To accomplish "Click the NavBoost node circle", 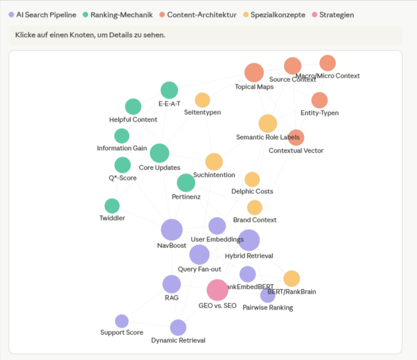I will click(171, 230).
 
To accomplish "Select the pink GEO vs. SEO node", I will click(217, 290).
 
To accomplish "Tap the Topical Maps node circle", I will click(254, 72).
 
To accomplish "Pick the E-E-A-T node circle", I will click(169, 90).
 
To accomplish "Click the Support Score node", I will click(122, 321).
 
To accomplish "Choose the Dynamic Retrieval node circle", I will click(178, 328).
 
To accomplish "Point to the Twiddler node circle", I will click(112, 206).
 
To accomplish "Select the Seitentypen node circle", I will click(202, 100).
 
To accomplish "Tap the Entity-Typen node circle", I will click(319, 100).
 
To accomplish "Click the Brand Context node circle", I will click(255, 207).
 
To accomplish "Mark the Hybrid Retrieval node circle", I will click(249, 240).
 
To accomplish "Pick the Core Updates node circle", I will click(159, 153).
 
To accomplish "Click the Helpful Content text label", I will click(133, 120).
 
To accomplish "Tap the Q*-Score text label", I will click(119, 178).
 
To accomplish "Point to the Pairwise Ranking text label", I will click(267, 308).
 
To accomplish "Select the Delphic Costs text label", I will click(252, 192).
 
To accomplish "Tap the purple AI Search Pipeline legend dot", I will click(12, 15).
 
